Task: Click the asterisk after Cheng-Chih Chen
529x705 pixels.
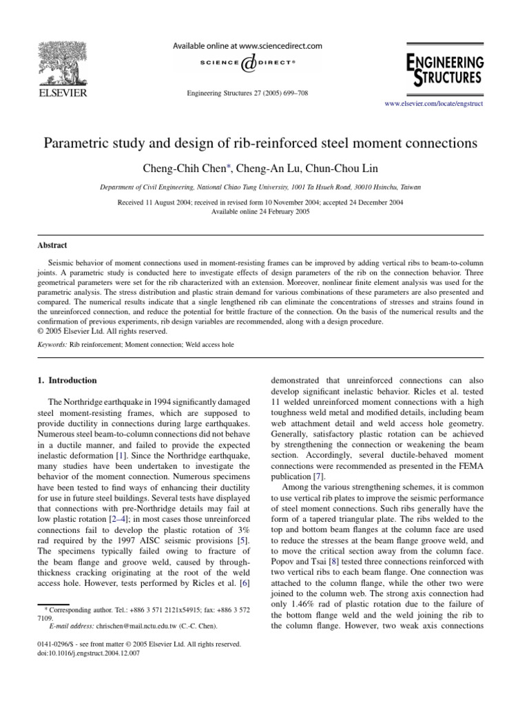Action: point(220,165)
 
